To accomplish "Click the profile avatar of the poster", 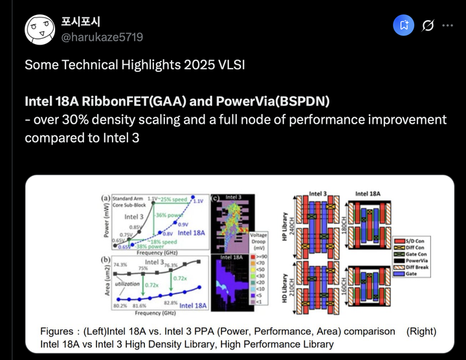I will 40,28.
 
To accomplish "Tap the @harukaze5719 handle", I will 102,38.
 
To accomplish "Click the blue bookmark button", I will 404,26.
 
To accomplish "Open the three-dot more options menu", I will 447,26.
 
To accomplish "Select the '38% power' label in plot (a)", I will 149,246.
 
